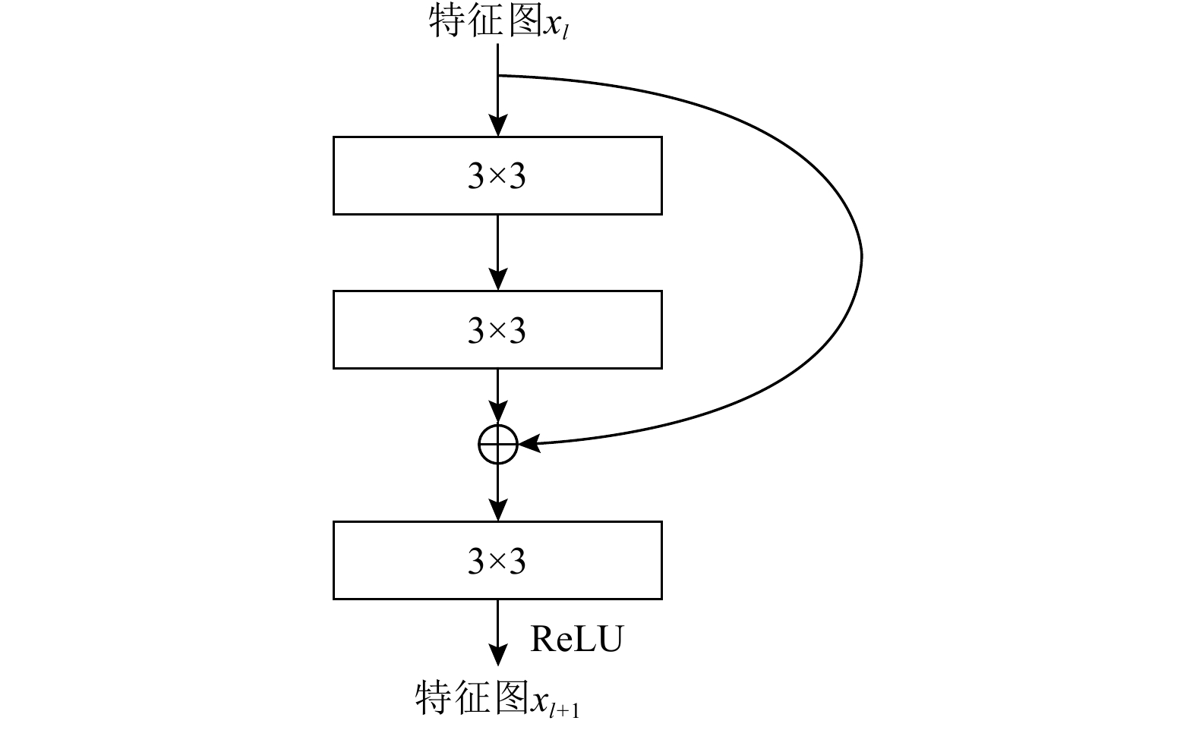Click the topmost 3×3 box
coord(497,175)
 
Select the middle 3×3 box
coord(497,329)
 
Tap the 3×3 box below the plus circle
coord(497,560)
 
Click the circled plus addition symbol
coord(497,444)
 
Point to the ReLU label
coord(576,639)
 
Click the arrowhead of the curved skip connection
coord(530,443)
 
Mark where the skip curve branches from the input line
coord(498,76)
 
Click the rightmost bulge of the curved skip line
coord(861,254)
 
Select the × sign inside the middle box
coord(497,331)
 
